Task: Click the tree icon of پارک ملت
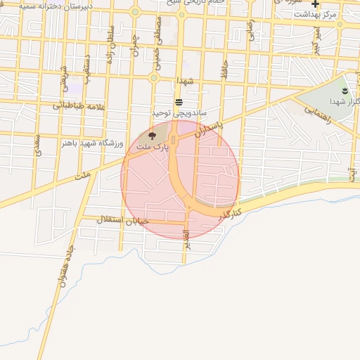click(x=153, y=136)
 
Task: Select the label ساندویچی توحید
click(x=180, y=112)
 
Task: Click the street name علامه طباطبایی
click(x=79, y=106)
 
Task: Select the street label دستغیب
click(x=86, y=70)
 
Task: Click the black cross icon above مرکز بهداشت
click(x=316, y=4)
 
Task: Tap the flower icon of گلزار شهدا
click(x=344, y=91)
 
